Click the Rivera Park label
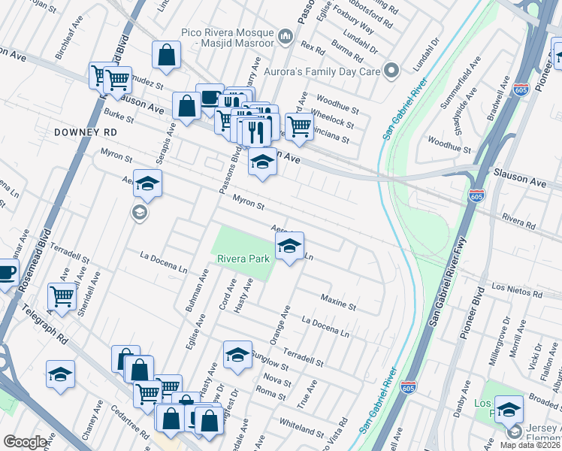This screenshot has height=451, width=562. (x=243, y=259)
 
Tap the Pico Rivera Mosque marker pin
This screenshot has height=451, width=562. (x=286, y=37)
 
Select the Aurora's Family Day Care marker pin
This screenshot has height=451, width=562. (x=391, y=71)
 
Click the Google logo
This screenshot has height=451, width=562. (x=25, y=442)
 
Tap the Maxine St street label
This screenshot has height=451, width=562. (x=337, y=302)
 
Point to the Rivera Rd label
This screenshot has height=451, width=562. (x=518, y=218)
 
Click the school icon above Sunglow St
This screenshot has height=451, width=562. (x=237, y=355)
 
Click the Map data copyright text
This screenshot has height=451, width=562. (x=530, y=444)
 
